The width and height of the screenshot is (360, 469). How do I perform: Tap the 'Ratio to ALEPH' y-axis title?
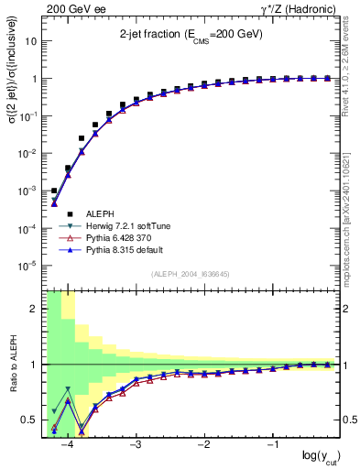pos(12,365)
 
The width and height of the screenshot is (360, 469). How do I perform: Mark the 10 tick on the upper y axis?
pos(31,41)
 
